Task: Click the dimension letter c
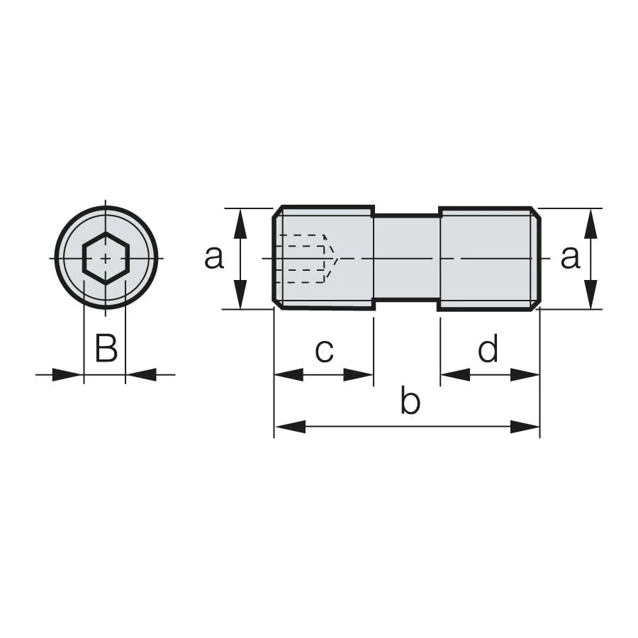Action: tap(324, 350)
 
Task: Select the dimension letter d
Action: tap(488, 348)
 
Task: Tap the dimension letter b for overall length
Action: tap(410, 400)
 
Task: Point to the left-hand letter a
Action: tap(214, 257)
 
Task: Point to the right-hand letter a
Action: tap(570, 257)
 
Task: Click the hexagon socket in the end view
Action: tap(106, 258)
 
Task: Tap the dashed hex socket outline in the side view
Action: tap(306, 258)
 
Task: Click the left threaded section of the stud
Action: tap(323, 258)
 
